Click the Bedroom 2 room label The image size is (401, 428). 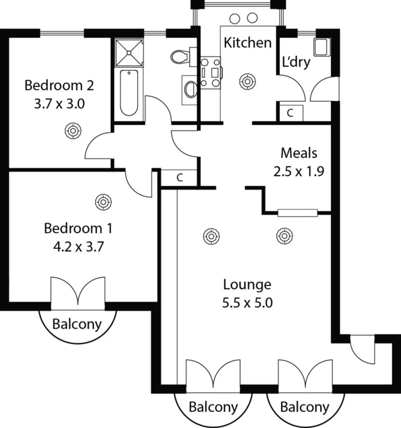coord(59,85)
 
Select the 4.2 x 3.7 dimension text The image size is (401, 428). coord(78,247)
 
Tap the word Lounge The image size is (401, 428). coord(247,285)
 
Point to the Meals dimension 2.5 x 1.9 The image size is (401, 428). coord(299,171)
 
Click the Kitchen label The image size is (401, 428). coord(248,42)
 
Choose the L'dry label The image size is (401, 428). coord(296,62)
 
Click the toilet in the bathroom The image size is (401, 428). coord(181,57)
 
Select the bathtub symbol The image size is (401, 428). coord(129,92)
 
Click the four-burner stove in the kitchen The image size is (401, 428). coord(211,73)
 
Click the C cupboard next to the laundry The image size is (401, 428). coord(290,113)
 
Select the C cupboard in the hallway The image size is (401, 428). coord(179,178)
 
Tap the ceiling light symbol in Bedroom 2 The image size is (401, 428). coord(73,130)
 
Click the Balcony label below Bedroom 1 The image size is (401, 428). coord(77,324)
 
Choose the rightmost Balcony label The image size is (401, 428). coord(305,407)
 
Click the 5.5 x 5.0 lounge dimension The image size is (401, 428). coord(247,303)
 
